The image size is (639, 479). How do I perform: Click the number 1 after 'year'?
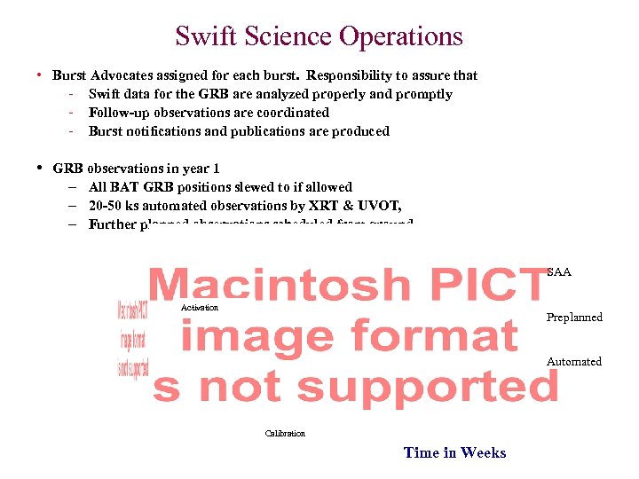pos(216,169)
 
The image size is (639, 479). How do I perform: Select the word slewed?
pos(256,187)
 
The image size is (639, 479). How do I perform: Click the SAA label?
pos(559,272)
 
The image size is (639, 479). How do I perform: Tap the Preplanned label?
pos(574,318)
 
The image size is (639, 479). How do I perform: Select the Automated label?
pos(574,362)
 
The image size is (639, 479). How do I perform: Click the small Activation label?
pos(199,308)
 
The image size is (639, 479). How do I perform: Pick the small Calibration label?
pos(285,434)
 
